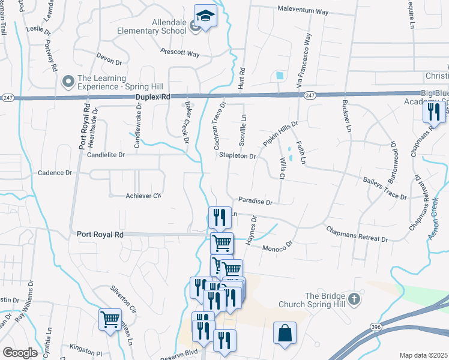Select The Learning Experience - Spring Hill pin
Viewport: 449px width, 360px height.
point(68,81)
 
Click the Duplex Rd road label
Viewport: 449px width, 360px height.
point(153,96)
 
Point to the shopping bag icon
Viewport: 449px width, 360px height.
point(285,333)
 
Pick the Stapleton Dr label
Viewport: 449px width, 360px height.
point(237,156)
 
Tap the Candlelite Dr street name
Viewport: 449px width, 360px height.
point(106,155)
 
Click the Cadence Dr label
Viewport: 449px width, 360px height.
point(55,173)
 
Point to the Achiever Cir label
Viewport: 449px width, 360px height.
point(144,196)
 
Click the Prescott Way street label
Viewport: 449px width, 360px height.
point(180,53)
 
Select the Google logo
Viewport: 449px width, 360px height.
point(20,353)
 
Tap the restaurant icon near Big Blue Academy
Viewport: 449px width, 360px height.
point(434,111)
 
